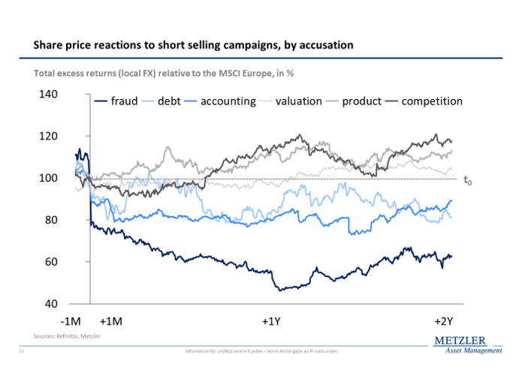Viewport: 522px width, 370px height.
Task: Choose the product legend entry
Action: [x=362, y=101]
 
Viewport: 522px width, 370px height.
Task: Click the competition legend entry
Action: [x=432, y=101]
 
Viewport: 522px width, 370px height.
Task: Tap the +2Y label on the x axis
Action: [x=443, y=321]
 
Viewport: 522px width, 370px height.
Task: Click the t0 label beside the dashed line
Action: [x=467, y=180]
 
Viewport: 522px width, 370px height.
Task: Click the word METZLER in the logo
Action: [x=460, y=342]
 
